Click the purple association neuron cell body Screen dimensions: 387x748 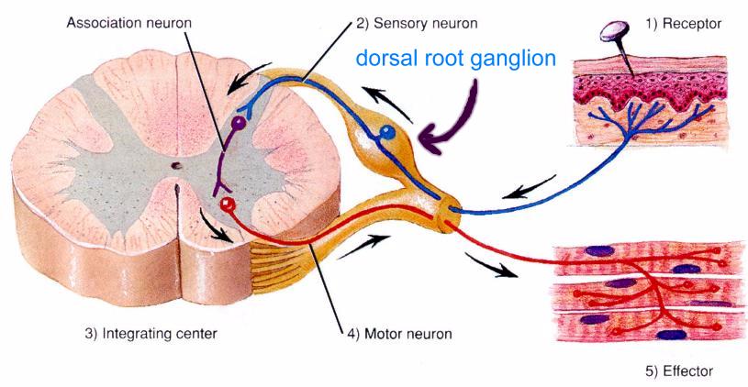point(240,121)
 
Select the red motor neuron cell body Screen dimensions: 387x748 point(228,204)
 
